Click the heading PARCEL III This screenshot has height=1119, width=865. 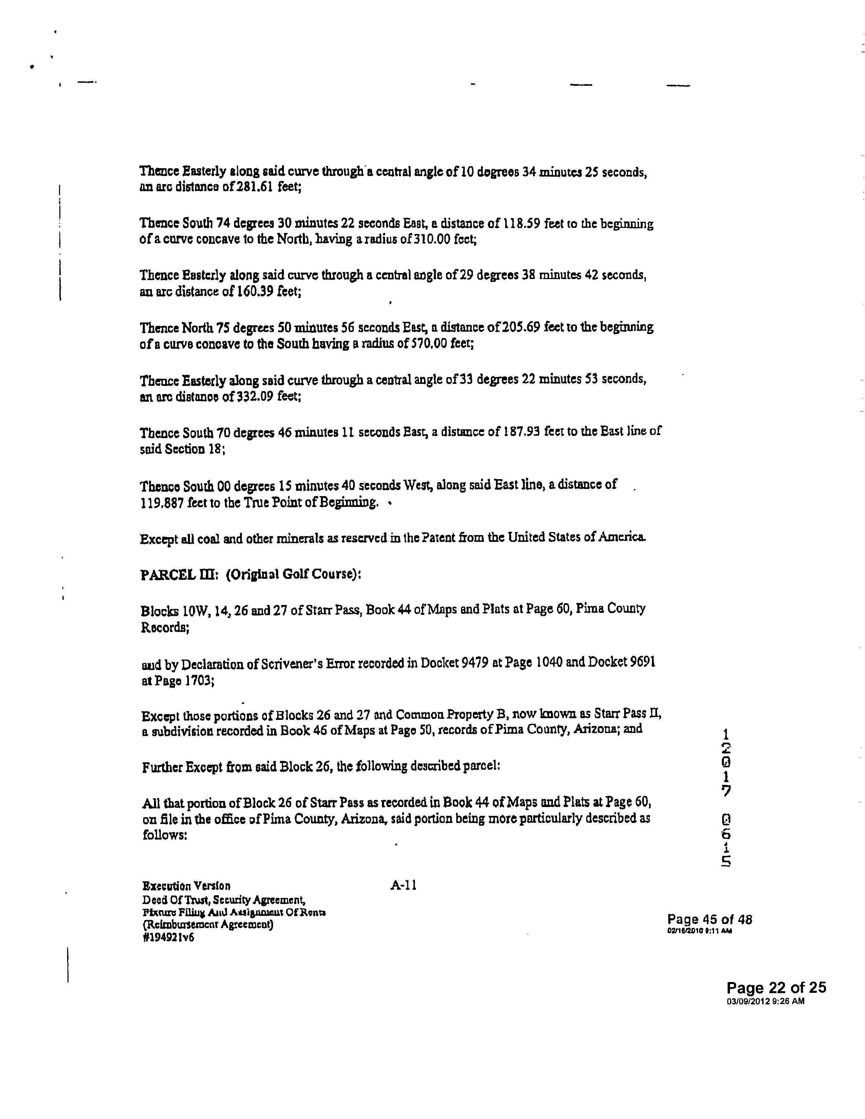pyautogui.click(x=178, y=574)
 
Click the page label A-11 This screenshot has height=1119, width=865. pyautogui.click(x=403, y=885)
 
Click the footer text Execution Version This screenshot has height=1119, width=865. pyautogui.click(x=187, y=886)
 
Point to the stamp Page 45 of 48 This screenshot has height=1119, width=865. pyautogui.click(x=709, y=919)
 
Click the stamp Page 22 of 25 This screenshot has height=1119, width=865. pyautogui.click(x=776, y=987)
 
